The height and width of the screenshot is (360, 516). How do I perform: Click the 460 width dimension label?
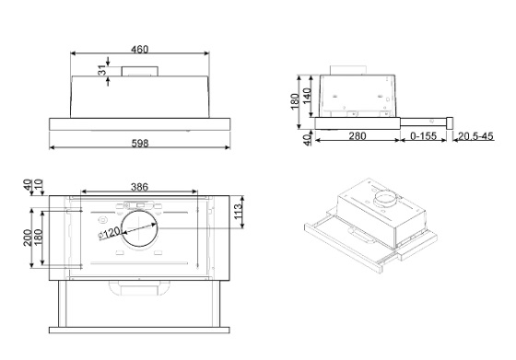140,50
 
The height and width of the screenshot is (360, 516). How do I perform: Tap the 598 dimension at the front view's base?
140,144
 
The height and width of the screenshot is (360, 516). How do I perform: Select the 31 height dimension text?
102,70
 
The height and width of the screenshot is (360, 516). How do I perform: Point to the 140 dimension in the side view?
307,96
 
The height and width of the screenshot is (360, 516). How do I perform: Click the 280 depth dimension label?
358,135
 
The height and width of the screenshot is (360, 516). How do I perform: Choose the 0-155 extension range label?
424,135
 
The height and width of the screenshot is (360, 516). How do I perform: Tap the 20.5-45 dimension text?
475,135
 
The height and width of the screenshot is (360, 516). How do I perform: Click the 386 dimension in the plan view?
139,187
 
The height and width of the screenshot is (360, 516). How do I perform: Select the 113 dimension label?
238,212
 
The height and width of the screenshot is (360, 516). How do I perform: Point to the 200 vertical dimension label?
28,238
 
